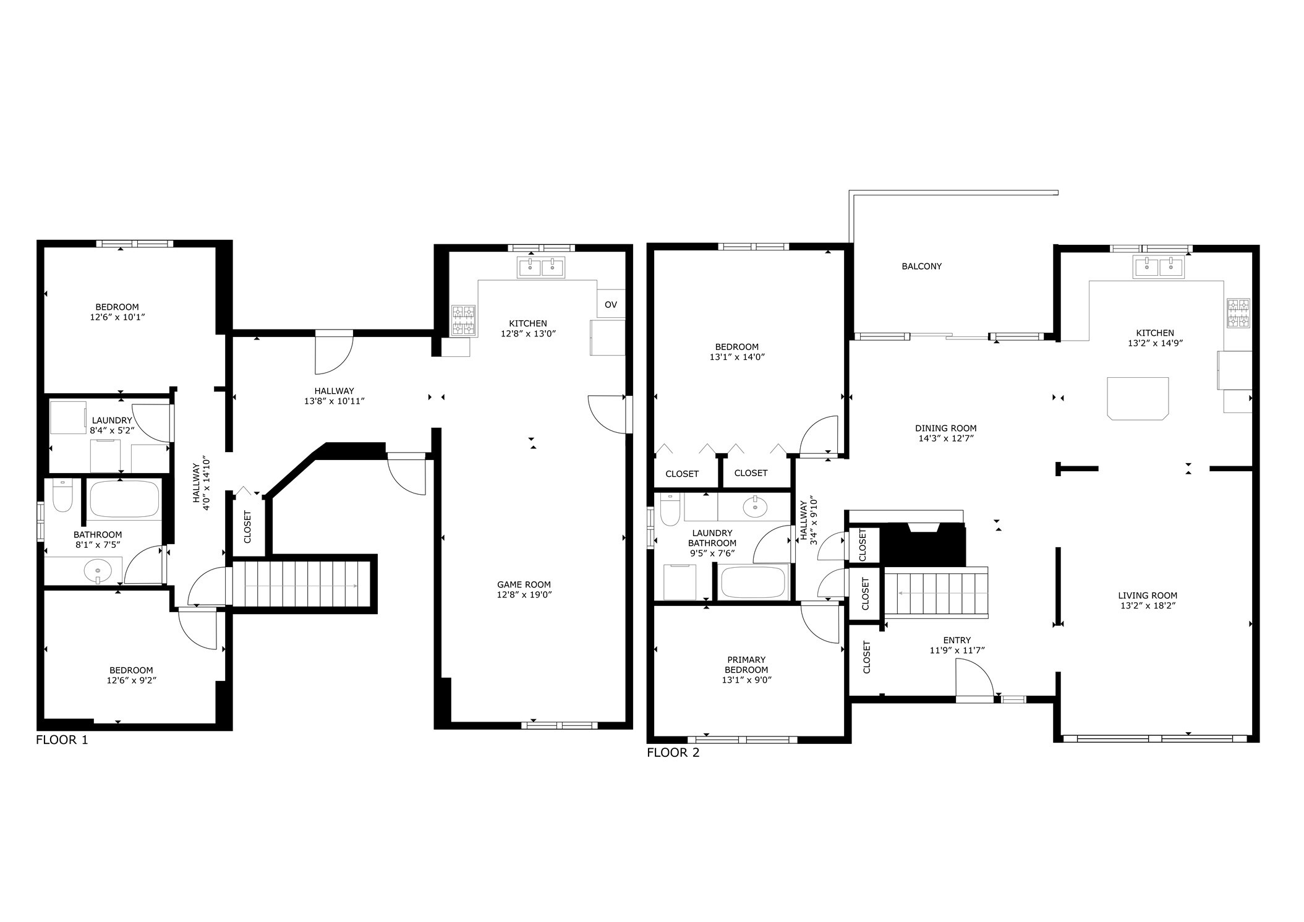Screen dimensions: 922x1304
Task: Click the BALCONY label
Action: [921, 267]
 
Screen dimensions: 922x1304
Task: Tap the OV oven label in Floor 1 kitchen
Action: [610, 305]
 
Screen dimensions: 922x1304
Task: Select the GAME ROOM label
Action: [524, 584]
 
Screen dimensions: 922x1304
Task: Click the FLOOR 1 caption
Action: [62, 740]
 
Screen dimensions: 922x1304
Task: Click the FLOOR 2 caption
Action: [673, 753]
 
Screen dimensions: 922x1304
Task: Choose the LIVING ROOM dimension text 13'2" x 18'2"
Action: [1148, 606]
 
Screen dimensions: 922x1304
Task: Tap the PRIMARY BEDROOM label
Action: [746, 665]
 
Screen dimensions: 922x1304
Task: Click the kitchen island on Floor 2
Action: [1138, 398]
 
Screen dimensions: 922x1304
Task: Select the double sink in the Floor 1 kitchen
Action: [541, 268]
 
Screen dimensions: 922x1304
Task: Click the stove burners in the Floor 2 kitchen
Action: [1238, 313]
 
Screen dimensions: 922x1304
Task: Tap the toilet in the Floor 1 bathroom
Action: [62, 497]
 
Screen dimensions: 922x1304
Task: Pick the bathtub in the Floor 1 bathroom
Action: [124, 499]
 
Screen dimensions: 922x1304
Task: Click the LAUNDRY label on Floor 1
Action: [112, 420]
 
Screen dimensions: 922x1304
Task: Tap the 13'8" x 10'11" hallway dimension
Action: [334, 401]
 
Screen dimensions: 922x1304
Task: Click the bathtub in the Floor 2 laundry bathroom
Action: [752, 582]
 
